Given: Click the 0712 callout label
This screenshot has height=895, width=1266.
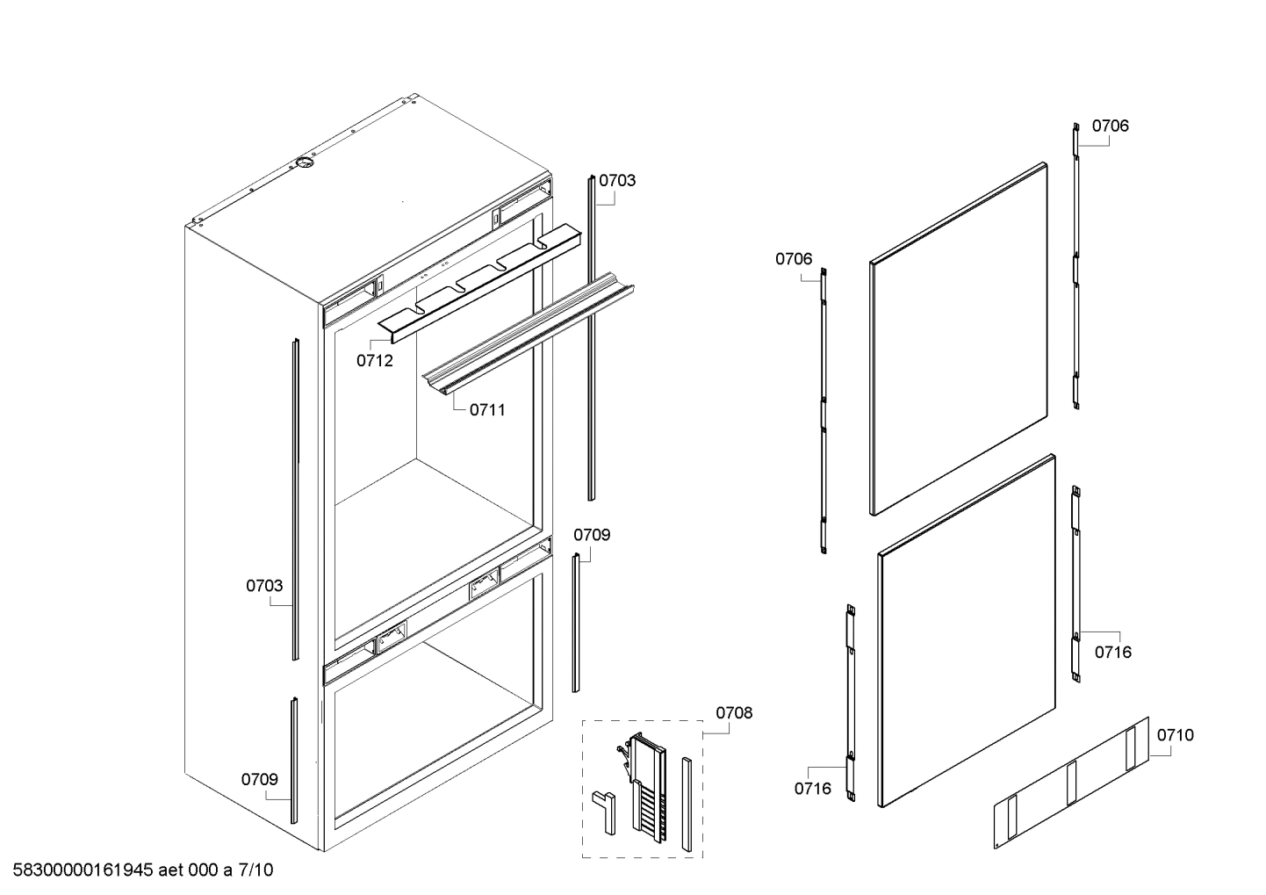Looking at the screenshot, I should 375,361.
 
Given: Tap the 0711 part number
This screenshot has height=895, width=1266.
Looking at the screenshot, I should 487,409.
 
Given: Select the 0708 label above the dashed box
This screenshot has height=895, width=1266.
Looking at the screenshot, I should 734,712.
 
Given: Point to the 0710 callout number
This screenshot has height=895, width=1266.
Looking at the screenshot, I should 1175,735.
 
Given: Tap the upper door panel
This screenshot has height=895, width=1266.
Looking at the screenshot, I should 959,338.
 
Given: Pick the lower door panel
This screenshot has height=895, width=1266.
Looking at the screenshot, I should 966,631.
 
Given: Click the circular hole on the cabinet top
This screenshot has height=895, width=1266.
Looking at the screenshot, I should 305,162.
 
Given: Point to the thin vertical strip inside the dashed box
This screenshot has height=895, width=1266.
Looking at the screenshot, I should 686,801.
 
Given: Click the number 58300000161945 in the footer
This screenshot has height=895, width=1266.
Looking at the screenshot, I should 83,870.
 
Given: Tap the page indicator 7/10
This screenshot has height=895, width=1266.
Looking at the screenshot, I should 255,870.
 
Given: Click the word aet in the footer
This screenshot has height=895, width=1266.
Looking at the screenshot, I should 173,870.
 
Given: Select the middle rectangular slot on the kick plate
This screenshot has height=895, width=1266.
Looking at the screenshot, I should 1071,783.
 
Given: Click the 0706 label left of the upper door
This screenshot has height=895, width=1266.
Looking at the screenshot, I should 794,258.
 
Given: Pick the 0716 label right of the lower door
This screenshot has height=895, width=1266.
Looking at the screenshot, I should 1112,652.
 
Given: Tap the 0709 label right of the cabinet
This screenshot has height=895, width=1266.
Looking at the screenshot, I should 592,534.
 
